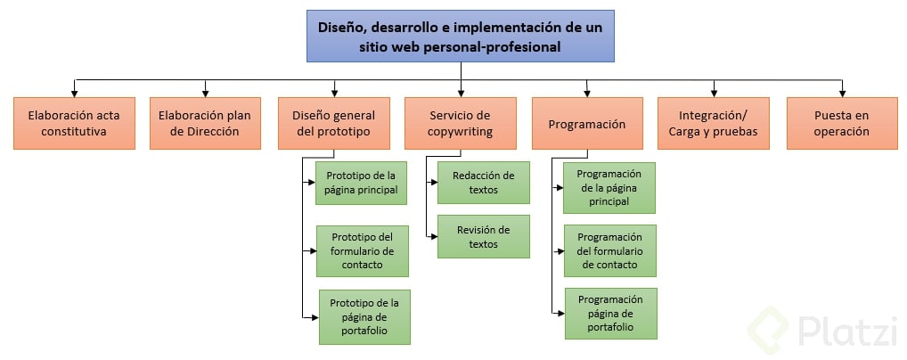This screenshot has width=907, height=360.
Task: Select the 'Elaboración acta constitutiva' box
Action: coord(74,123)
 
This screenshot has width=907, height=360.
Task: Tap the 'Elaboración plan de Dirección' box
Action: coord(205,123)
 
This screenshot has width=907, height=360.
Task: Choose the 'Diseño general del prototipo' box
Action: coord(334,123)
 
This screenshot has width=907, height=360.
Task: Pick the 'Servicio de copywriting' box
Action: coord(460,123)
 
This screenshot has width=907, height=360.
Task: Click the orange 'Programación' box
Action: coord(587,124)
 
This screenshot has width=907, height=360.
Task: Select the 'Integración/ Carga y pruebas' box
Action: coord(713,123)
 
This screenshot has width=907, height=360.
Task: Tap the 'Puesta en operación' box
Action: coord(841,123)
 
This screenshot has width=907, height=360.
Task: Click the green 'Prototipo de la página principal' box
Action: coord(362,182)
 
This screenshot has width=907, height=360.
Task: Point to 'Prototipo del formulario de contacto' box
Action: coord(362,250)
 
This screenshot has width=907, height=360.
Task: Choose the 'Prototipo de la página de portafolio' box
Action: coord(364,316)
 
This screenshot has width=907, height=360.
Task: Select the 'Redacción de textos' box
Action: coord(483,182)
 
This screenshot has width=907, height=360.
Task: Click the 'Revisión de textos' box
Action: coord(483,236)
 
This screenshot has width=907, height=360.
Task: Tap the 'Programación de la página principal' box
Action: coord(609,187)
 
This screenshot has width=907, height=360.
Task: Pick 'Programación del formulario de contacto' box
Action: coord(609,250)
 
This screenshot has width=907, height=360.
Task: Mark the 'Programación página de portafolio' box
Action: coord(610,313)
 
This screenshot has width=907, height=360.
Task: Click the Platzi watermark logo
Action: coord(823,331)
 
